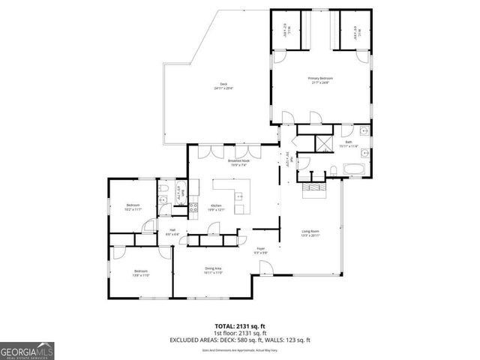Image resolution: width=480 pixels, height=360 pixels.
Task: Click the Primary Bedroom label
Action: tap(320, 80)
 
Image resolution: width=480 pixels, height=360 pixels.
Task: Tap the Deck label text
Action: tap(223, 85)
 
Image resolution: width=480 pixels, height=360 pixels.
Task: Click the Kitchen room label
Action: tap(217, 208)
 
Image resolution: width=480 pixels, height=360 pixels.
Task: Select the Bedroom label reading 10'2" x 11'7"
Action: tap(133, 208)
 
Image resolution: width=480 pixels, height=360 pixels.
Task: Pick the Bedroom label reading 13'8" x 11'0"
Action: tap(141, 273)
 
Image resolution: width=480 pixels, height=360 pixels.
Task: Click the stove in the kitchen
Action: tap(193, 208)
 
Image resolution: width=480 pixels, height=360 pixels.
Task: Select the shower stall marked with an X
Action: tap(325, 142)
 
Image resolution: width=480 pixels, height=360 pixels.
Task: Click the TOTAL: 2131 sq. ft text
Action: tap(239, 326)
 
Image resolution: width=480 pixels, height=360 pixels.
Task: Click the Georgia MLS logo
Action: tap(27, 349)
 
